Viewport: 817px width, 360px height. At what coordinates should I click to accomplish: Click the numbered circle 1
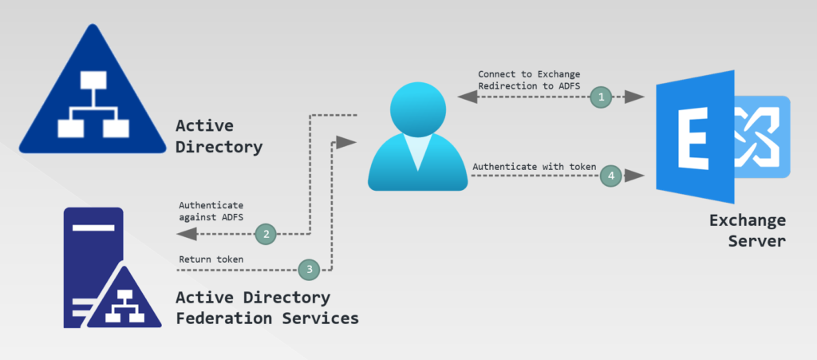[601, 97]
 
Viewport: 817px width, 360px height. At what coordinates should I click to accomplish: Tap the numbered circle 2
[266, 234]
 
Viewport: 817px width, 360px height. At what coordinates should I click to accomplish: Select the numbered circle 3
[309, 270]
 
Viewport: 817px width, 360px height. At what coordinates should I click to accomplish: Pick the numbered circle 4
[610, 174]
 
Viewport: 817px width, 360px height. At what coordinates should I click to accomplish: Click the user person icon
[417, 137]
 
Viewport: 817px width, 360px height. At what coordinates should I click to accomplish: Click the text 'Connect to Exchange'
[523, 73]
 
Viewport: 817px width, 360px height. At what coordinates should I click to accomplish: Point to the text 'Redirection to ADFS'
[523, 86]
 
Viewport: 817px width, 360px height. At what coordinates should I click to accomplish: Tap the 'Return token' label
[211, 259]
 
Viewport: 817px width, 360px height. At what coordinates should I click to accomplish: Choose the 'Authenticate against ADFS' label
[211, 211]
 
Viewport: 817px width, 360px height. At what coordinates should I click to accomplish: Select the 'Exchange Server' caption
[747, 229]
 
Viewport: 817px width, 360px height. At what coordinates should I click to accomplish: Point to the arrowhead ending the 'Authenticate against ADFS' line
[186, 234]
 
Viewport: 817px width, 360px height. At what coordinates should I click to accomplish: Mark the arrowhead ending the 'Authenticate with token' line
[636, 174]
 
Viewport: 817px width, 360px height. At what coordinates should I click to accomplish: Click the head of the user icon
[417, 108]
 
